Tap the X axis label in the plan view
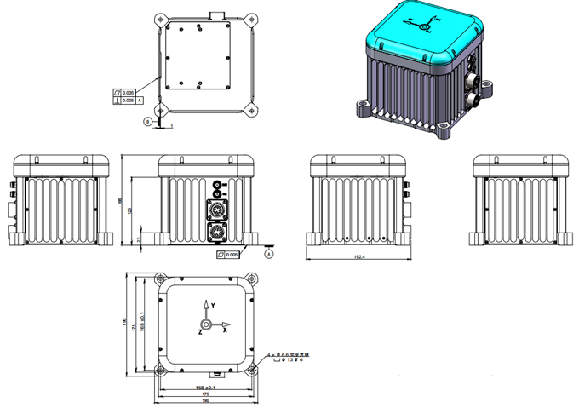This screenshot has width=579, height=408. [225, 329]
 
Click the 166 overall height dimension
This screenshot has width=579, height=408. [122, 200]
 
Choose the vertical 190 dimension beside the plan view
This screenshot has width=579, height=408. [124, 323]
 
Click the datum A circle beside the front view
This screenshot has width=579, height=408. [269, 254]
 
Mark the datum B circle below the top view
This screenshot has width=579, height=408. [147, 122]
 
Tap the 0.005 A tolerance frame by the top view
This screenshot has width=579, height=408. [126, 101]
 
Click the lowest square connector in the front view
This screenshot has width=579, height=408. [216, 231]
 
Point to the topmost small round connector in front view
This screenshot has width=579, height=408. [216, 185]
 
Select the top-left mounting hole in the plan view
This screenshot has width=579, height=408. [160, 279]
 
